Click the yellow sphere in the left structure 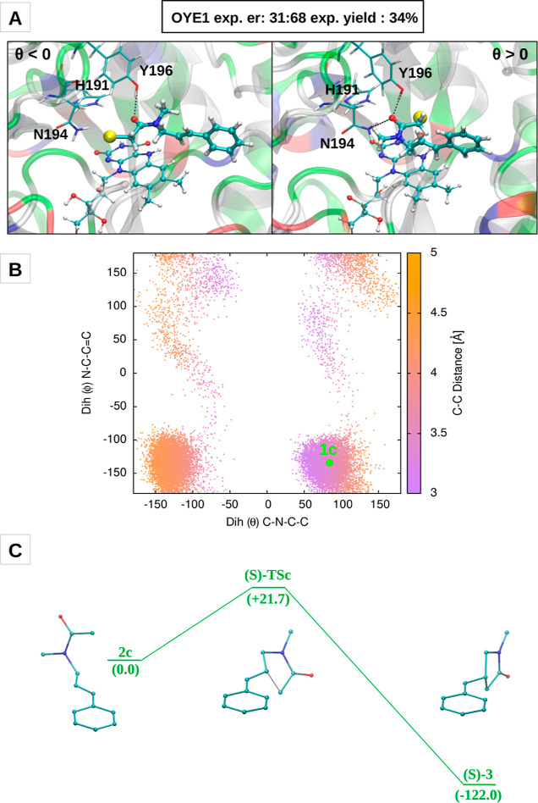point(110,136)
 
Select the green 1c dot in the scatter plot point(330,462)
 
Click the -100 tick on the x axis point(193,502)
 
